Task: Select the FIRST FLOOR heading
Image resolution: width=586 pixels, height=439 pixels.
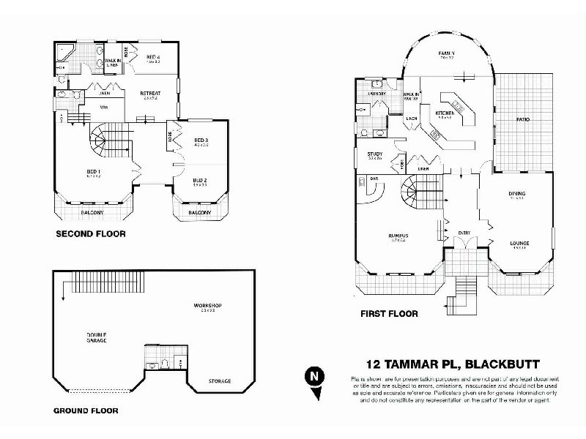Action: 388,314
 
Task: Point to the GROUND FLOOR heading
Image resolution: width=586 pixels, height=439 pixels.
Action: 86,410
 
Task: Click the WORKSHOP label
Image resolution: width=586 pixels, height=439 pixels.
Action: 207,305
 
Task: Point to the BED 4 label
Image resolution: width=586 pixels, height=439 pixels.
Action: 152,56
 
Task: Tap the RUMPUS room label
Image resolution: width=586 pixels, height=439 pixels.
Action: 398,235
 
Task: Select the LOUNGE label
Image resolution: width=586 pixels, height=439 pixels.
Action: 519,243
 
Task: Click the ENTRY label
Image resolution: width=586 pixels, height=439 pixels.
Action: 464,233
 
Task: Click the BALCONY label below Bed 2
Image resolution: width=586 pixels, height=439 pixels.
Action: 200,212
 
